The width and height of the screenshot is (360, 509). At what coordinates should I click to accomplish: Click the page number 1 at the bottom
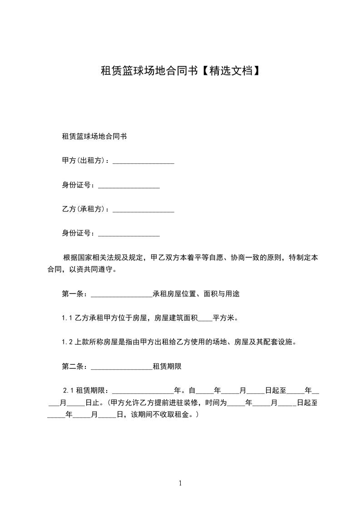click(180, 483)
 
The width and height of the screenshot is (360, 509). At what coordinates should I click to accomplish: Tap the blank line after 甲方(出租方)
click(143, 161)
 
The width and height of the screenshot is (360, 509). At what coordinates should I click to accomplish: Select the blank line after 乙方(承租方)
click(143, 210)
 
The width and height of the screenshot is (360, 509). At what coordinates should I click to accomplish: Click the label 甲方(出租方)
click(84, 161)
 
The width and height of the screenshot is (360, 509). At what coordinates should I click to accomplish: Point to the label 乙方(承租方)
click(84, 210)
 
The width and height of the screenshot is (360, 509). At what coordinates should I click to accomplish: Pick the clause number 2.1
click(69, 390)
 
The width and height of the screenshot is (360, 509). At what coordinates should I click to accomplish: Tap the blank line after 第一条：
click(122, 295)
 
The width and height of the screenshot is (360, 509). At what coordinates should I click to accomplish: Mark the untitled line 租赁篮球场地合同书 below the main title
click(94, 137)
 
